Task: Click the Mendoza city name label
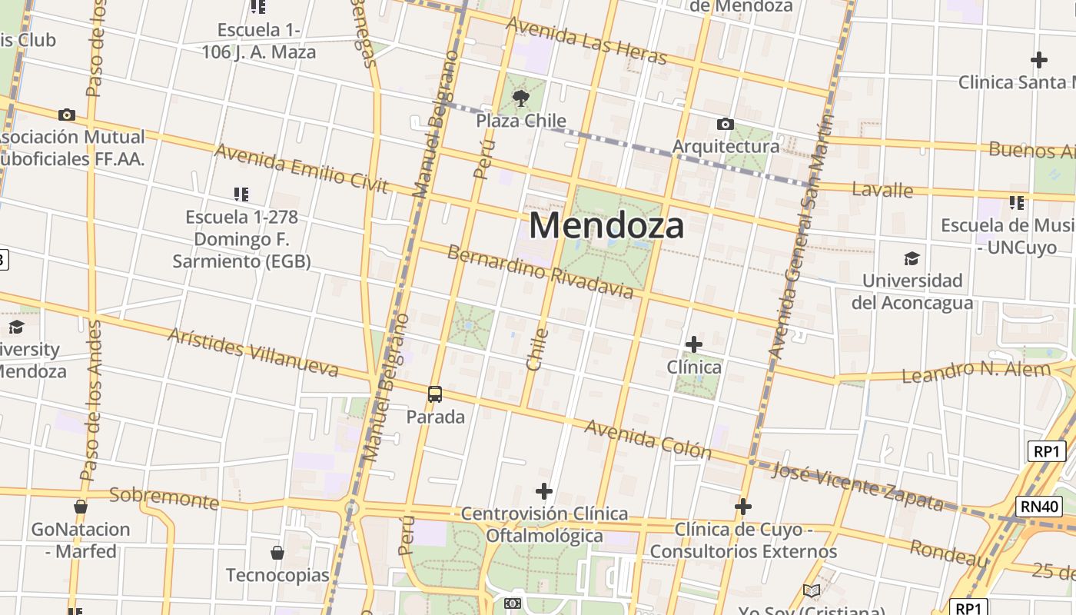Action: click(606, 226)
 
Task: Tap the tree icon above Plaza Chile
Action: click(521, 98)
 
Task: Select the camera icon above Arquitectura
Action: click(725, 124)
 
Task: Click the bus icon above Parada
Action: click(435, 394)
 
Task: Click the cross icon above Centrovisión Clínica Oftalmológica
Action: click(544, 490)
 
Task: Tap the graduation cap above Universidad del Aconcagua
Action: click(912, 258)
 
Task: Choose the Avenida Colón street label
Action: click(649, 438)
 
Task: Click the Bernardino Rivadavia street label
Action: click(540, 271)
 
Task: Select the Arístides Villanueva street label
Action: click(253, 353)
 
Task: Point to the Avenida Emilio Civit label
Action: click(301, 168)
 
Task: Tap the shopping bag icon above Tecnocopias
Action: click(277, 553)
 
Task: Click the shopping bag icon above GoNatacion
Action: click(81, 507)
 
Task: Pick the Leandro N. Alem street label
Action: click(975, 372)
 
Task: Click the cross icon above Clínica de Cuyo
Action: click(743, 507)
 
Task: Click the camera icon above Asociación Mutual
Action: click(67, 115)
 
